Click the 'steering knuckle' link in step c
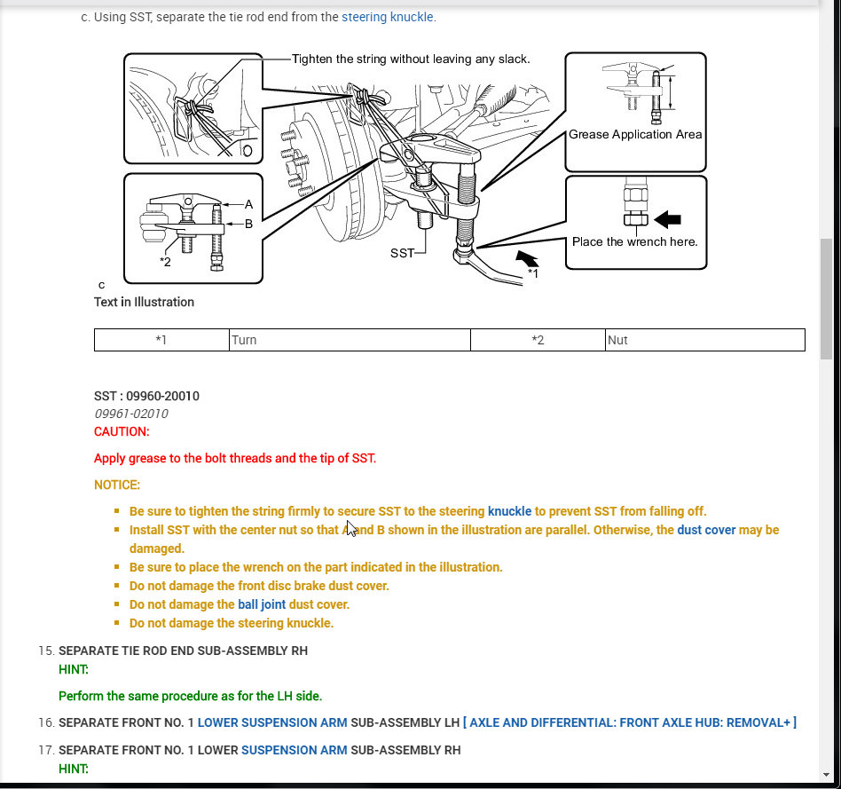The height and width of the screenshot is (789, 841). pyautogui.click(x=388, y=17)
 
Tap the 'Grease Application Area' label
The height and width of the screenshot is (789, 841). pyautogui.click(x=635, y=135)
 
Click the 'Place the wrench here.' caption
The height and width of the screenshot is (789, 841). pyautogui.click(x=634, y=241)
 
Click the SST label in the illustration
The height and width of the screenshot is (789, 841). pyautogui.click(x=402, y=253)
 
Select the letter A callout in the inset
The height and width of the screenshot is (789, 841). pyautogui.click(x=248, y=203)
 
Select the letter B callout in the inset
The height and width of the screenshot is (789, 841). pyautogui.click(x=248, y=224)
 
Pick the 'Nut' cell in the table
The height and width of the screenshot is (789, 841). pyautogui.click(x=617, y=340)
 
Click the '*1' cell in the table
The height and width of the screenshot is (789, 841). pyautogui.click(x=161, y=340)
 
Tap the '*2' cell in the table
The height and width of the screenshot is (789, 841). pyautogui.click(x=538, y=340)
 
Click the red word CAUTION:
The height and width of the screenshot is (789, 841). pyautogui.click(x=122, y=431)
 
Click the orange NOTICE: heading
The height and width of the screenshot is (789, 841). pyautogui.click(x=117, y=485)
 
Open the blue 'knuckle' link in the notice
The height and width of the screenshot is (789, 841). pyautogui.click(x=509, y=511)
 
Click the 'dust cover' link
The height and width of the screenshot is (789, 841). pyautogui.click(x=706, y=530)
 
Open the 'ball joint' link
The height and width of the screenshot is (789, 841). pyautogui.click(x=262, y=604)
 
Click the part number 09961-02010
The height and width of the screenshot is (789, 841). pyautogui.click(x=130, y=414)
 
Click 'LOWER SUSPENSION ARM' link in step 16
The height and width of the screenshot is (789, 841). pyautogui.click(x=271, y=722)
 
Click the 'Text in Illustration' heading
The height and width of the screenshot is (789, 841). pyautogui.click(x=144, y=302)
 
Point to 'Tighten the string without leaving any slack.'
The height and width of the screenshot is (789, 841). pyautogui.click(x=411, y=59)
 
